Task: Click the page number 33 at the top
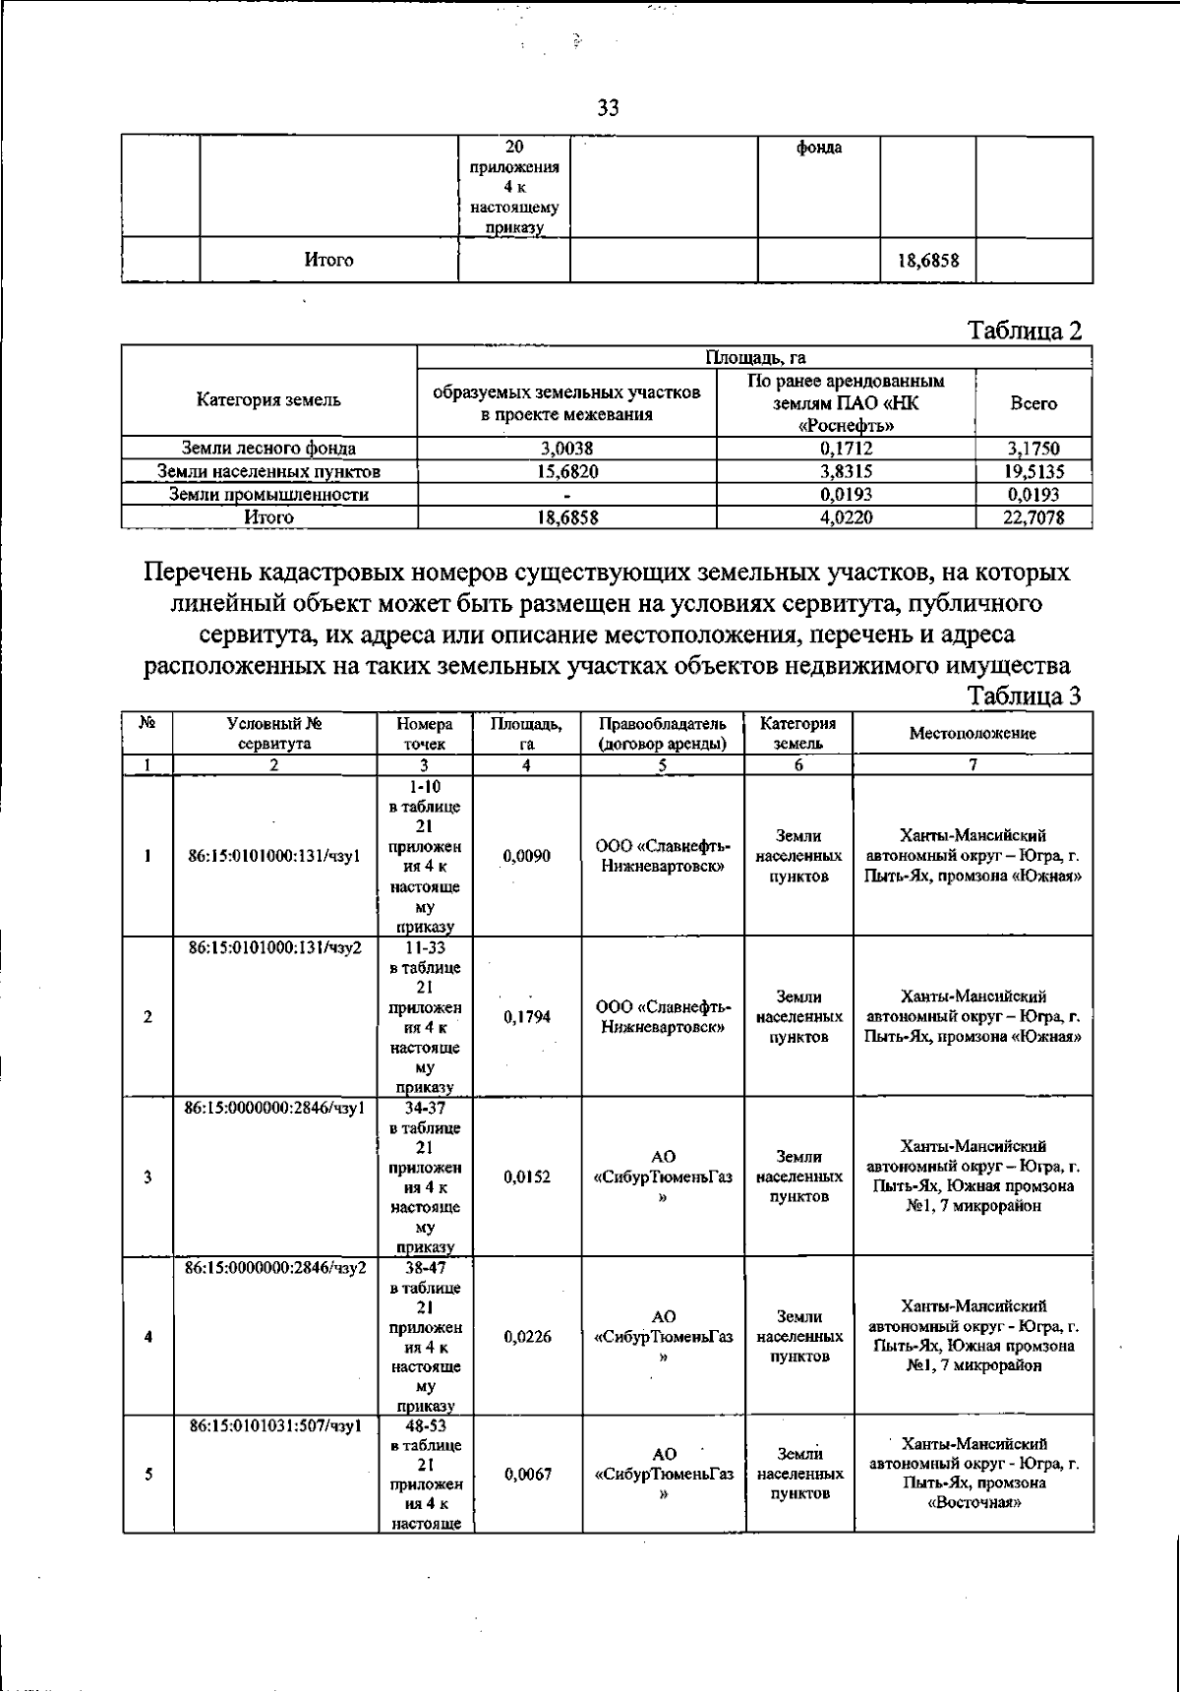pyautogui.click(x=608, y=108)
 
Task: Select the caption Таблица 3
pyautogui.click(x=1026, y=695)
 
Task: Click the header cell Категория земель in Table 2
pyautogui.click(x=268, y=400)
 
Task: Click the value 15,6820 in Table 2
pyautogui.click(x=566, y=472)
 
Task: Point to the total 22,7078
pyautogui.click(x=1033, y=516)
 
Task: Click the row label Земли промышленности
pyautogui.click(x=268, y=495)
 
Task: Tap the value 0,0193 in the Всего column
pyautogui.click(x=1033, y=495)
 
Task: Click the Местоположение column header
pyautogui.click(x=972, y=733)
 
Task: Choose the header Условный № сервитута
pyautogui.click(x=274, y=733)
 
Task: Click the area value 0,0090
pyautogui.click(x=527, y=857)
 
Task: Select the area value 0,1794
pyautogui.click(x=527, y=1017)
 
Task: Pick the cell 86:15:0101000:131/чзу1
pyautogui.click(x=274, y=857)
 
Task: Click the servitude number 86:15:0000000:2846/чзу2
pyautogui.click(x=275, y=1268)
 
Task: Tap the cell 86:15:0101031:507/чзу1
pyautogui.click(x=275, y=1427)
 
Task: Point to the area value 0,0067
pyautogui.click(x=527, y=1475)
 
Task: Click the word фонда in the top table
pyautogui.click(x=818, y=149)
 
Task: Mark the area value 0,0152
pyautogui.click(x=527, y=1178)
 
